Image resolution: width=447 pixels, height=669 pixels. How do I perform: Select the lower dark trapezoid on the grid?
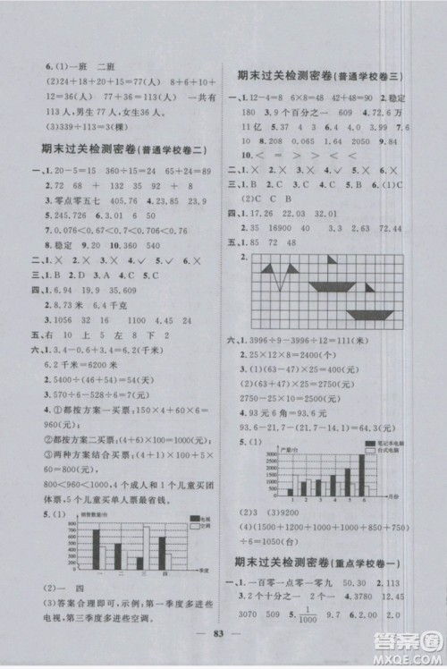point(369,314)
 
